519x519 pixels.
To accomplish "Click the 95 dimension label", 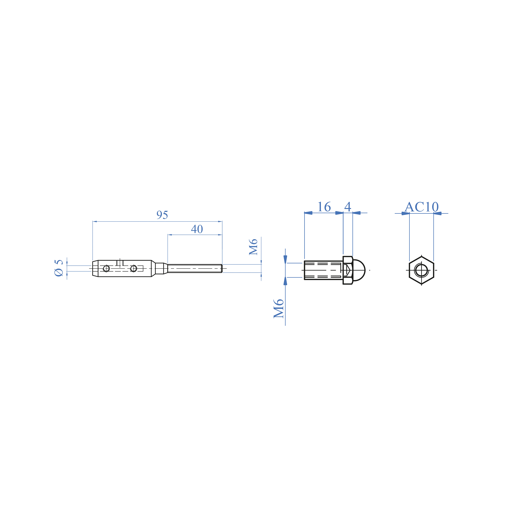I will click(x=162, y=215).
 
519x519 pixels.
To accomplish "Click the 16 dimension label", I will click(x=324, y=207).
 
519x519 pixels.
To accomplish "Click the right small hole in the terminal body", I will click(x=133, y=268).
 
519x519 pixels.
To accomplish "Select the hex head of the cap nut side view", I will click(x=348, y=270).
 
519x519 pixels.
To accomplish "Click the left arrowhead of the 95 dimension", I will click(x=95, y=222).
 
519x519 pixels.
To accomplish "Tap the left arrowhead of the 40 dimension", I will click(x=170, y=235).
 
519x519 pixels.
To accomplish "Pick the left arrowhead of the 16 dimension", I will click(x=308, y=213).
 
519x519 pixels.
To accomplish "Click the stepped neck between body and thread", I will click(x=160, y=268).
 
